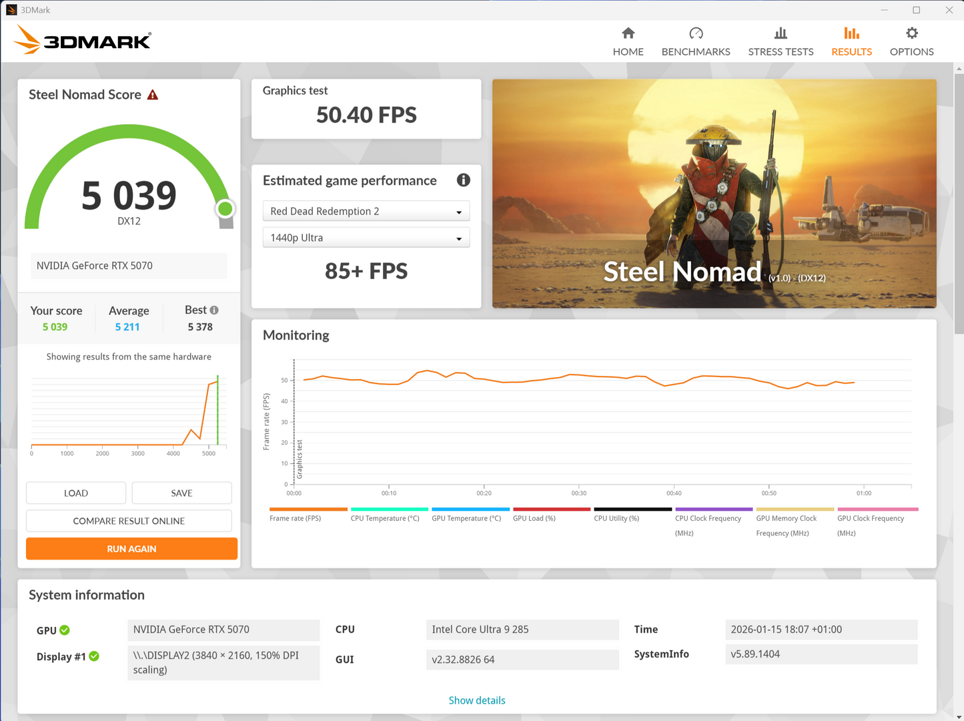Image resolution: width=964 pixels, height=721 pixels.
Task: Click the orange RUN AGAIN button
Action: tap(131, 549)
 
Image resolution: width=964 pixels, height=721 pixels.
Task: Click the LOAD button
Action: tap(76, 493)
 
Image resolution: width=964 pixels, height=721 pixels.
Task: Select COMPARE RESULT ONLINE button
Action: tap(129, 521)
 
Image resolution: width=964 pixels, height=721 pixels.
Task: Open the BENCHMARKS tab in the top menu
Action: tap(696, 41)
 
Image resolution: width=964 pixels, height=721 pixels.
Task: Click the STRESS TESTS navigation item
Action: tap(781, 41)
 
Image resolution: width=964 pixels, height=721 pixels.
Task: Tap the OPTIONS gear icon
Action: tap(912, 33)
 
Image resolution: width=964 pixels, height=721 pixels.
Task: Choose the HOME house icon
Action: tap(628, 33)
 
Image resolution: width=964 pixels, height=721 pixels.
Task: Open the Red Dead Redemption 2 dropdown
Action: tap(366, 211)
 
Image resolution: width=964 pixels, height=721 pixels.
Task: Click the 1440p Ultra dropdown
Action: tap(366, 238)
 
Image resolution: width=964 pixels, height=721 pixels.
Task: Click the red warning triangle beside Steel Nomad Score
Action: tap(153, 95)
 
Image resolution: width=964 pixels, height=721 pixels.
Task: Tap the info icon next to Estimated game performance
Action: tap(463, 180)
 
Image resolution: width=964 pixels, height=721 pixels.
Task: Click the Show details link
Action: tap(476, 700)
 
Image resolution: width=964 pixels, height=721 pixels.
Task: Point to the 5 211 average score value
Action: tap(127, 327)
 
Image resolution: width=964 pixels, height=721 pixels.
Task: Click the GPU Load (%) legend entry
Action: tap(534, 518)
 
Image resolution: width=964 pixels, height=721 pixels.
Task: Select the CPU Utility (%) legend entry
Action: tap(616, 518)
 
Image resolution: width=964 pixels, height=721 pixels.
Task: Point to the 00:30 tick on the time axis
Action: tap(579, 493)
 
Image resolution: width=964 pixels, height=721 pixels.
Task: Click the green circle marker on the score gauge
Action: tap(225, 209)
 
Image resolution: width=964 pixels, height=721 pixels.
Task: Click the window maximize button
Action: tap(916, 10)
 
